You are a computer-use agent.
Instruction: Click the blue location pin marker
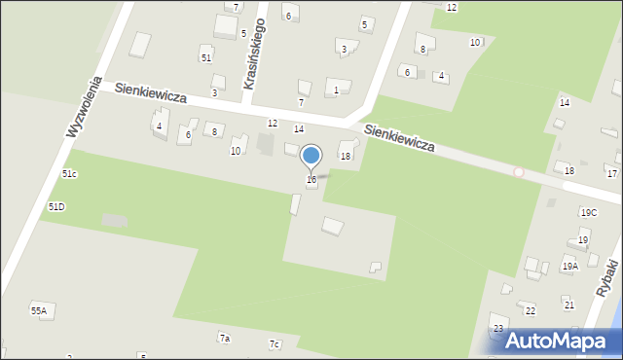[311, 156]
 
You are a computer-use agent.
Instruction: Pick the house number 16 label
[311, 179]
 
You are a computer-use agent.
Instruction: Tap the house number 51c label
[69, 173]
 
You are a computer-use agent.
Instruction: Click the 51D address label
[56, 207]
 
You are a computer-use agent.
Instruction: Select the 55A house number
[38, 310]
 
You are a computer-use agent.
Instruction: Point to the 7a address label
[224, 339]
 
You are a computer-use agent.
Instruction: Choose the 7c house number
[275, 344]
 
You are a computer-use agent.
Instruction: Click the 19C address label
[588, 212]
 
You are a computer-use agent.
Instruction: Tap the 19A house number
[569, 265]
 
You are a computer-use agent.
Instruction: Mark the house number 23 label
[497, 329]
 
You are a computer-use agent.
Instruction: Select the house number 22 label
[530, 310]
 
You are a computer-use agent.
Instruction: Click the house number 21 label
[568, 306]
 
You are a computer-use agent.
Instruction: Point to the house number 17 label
[611, 173]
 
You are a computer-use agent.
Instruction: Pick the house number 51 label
[205, 57]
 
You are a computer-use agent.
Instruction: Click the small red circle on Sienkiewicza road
[519, 172]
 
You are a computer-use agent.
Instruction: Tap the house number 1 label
[336, 90]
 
